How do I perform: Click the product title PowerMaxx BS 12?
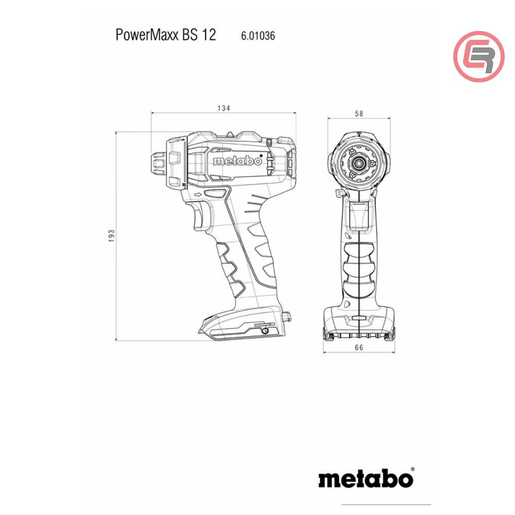click(x=166, y=36)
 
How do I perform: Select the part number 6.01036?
click(x=257, y=36)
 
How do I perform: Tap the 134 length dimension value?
click(x=223, y=108)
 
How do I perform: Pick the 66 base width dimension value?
click(x=359, y=348)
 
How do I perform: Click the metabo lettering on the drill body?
click(x=237, y=161)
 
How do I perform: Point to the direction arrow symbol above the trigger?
click(x=198, y=195)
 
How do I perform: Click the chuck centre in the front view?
click(x=359, y=162)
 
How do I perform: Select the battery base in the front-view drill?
click(x=359, y=322)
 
